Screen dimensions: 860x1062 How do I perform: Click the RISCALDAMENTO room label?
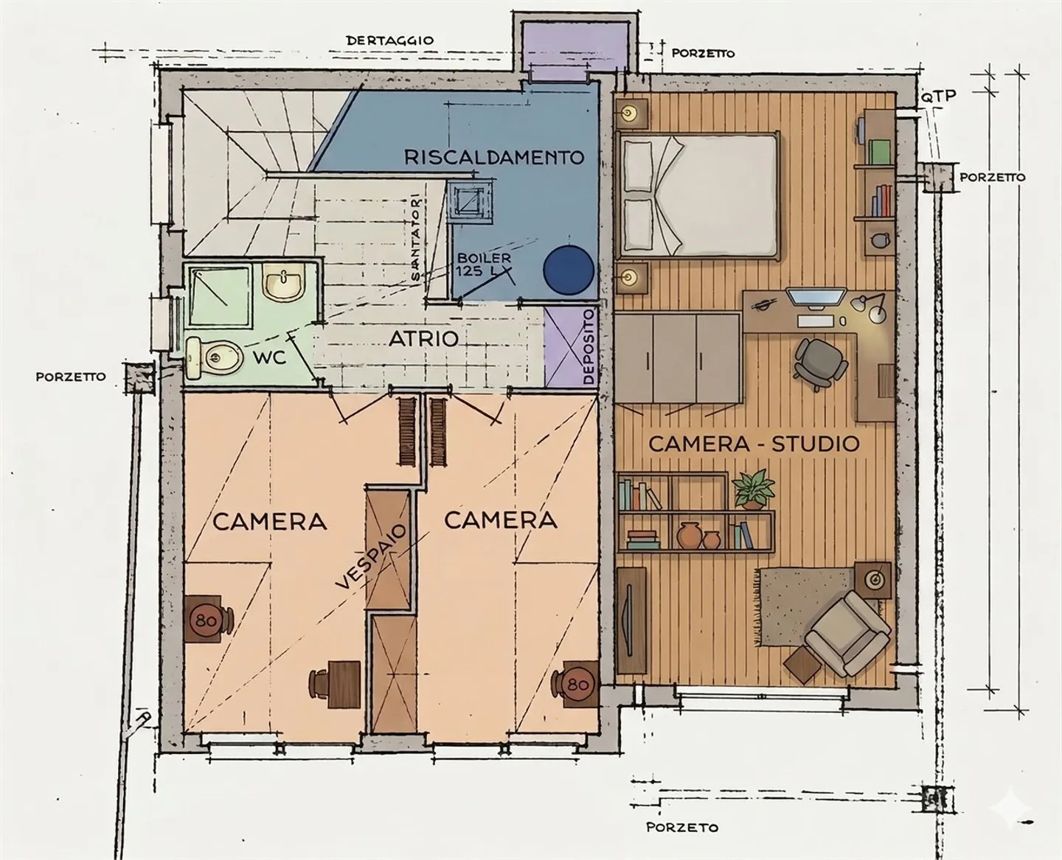point(494,157)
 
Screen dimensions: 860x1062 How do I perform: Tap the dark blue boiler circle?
point(568,270)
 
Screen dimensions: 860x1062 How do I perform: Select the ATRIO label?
point(423,339)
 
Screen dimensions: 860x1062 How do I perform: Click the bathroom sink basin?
point(284,284)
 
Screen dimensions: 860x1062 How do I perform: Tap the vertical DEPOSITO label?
point(589,346)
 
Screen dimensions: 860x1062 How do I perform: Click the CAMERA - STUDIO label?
point(754,444)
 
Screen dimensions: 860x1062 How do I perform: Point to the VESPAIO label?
point(372,556)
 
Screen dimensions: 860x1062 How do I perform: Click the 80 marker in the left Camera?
point(206,620)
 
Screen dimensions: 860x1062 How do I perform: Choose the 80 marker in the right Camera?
point(578,685)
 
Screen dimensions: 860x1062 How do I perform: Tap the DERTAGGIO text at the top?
point(389,41)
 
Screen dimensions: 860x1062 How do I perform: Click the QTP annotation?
point(938,96)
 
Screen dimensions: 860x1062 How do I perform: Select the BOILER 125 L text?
point(484,265)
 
